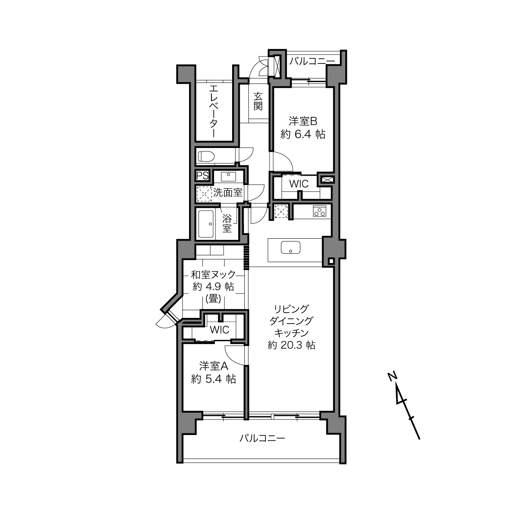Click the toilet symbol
point(206,156)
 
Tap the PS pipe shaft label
point(202,176)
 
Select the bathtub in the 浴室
point(206,224)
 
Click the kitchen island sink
point(291,247)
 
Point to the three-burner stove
point(320,211)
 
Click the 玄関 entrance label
point(258,101)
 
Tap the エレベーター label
point(213,111)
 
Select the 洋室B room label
point(303,121)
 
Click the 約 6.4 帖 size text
point(303,135)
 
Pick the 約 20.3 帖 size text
point(291,345)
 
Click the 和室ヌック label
point(213,275)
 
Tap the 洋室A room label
point(214,366)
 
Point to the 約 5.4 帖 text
point(213,379)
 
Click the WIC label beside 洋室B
point(299,184)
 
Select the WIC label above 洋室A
point(220,330)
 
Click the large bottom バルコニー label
point(262,439)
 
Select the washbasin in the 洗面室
point(228,176)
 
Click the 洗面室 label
point(228,192)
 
